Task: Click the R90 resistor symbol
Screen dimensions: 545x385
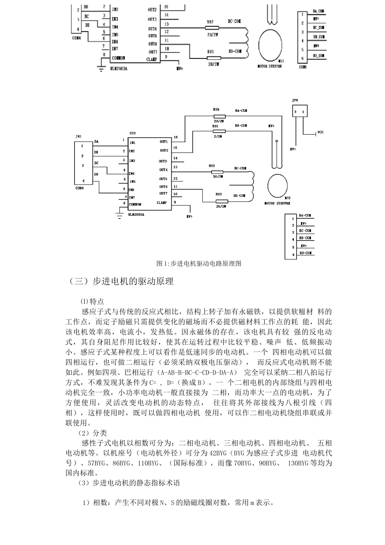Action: coord(219,116)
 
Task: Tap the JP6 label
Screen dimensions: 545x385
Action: coord(295,100)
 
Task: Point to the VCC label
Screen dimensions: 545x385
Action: coord(321,132)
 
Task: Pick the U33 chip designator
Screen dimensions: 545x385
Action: coord(133,133)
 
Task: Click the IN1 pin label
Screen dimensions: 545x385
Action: coord(133,143)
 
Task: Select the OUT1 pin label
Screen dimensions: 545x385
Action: coord(163,142)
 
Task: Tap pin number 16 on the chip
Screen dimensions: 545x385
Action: coord(175,137)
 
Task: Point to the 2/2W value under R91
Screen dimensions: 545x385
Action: coord(218,137)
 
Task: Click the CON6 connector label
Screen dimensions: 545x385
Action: coord(303,67)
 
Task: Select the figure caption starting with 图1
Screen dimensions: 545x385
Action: coord(199,264)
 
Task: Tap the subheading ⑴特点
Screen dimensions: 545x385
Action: coord(92,302)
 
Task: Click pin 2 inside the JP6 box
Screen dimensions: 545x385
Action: coord(296,112)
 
